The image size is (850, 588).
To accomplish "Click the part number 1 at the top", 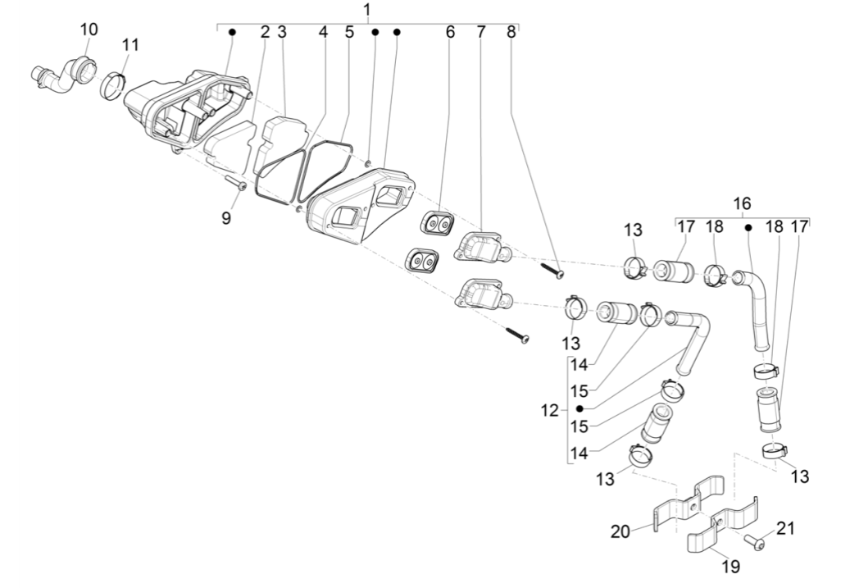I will (x=366, y=10).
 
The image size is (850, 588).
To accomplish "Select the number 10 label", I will (x=88, y=30).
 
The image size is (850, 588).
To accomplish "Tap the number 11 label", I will (x=131, y=45).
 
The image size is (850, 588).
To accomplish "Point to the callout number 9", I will (x=226, y=217).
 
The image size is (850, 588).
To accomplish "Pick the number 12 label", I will (x=550, y=409).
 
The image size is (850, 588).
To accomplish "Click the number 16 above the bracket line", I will (x=742, y=203).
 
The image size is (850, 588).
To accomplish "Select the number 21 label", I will (x=785, y=529).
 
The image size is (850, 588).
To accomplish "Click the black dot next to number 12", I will (x=580, y=408).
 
